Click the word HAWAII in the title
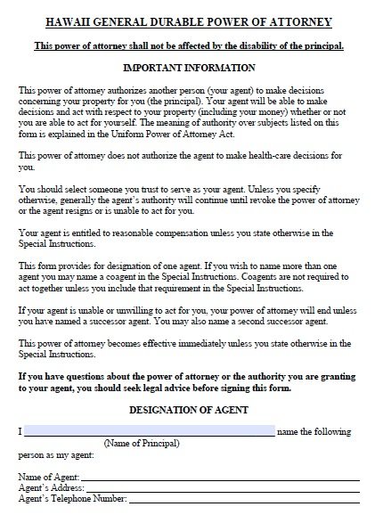pos(50,22)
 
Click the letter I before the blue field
pos(19,431)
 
